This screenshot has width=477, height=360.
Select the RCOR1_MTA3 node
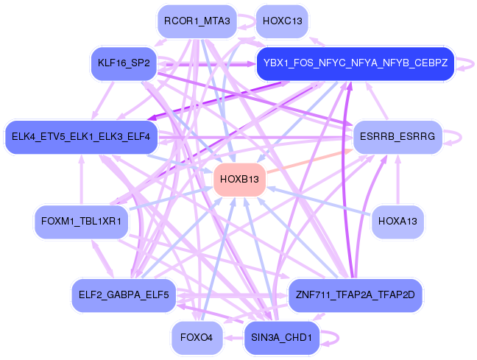197,22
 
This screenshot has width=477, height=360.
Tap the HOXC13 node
282,22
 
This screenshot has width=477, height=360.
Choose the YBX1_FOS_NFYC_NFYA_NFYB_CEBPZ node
355,63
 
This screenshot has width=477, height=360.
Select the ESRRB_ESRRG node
397,137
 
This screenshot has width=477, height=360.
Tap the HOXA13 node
397,222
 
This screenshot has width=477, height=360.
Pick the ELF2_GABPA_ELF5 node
124,295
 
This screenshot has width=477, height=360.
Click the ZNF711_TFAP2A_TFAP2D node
355,295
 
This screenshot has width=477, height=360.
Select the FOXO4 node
197,337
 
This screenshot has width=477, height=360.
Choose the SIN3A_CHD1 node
282,337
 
